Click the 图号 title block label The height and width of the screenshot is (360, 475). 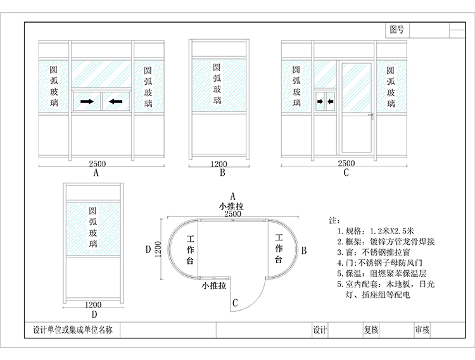point(397,30)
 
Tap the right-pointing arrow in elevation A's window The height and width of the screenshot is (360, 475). point(87,101)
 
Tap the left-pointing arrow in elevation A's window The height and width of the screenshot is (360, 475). point(115,101)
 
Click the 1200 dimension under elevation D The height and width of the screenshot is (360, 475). point(93,304)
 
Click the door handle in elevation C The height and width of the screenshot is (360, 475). point(371,115)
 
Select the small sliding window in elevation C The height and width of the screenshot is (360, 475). point(325,100)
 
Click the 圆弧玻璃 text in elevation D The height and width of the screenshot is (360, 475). point(93,227)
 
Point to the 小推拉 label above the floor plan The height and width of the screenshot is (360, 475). point(232,206)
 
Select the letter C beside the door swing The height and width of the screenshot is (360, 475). point(236,303)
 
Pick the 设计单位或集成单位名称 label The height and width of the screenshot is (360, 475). point(72,330)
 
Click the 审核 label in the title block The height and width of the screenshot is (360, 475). point(422,330)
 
